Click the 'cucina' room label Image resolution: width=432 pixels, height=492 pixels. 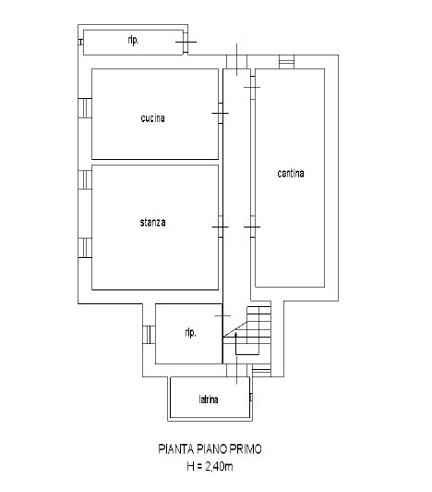[153, 118]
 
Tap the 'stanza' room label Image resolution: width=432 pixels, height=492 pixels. [152, 223]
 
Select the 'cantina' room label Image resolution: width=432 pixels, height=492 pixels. [291, 173]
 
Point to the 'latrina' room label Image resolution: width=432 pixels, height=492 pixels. [209, 400]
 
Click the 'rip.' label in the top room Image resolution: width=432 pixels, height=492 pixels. [134, 41]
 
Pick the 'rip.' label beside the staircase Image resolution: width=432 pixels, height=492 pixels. [191, 333]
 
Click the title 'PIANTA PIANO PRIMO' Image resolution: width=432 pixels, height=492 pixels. [210, 449]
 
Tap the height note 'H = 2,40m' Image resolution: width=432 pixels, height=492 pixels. [210, 466]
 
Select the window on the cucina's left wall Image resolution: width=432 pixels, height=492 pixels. [85, 108]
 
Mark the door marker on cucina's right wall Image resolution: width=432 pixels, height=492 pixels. [221, 113]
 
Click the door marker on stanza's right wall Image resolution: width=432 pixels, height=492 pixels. [221, 227]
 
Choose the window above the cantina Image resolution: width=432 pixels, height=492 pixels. [287, 62]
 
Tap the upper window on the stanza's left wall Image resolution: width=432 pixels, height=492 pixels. [85, 179]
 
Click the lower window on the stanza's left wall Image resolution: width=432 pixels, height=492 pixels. [85, 248]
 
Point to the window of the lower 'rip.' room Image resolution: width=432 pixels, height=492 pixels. [150, 335]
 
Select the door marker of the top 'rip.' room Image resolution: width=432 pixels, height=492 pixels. [186, 42]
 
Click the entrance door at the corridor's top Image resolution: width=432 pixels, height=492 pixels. [237, 60]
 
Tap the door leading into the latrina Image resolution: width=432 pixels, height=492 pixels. [237, 370]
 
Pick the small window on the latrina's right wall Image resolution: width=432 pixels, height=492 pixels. [251, 397]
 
